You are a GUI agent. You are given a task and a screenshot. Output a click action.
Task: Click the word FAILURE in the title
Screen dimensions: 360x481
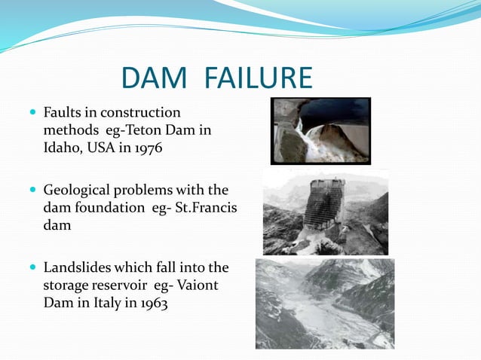pyautogui.click(x=255, y=79)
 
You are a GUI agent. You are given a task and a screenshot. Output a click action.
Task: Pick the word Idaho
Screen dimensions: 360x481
pyautogui.click(x=61, y=147)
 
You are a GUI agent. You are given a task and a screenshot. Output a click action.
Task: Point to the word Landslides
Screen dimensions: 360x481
pyautogui.click(x=78, y=268)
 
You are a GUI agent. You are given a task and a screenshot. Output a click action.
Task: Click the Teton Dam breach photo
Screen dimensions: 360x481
pyautogui.click(x=320, y=130)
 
